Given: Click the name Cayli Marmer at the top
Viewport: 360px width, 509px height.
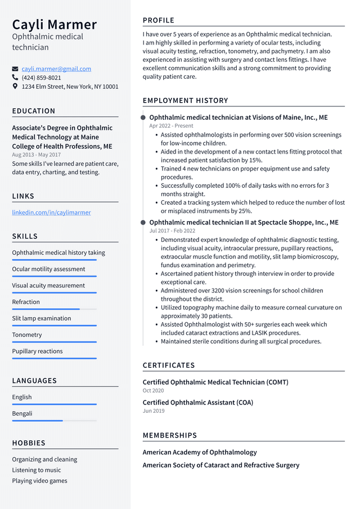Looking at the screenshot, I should (x=55, y=25).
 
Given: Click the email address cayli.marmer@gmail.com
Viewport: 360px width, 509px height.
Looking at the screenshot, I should (x=56, y=69).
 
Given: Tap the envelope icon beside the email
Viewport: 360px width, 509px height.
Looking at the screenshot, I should (x=15, y=69).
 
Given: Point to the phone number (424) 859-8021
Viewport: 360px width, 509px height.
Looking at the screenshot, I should (x=41, y=78).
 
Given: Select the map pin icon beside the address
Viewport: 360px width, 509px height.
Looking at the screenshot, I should (x=15, y=87).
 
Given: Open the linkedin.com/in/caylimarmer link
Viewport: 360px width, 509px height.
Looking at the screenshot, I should (x=51, y=213).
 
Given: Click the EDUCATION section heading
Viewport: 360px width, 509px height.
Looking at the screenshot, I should (x=34, y=111).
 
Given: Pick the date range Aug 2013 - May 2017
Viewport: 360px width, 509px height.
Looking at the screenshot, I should (x=36, y=155).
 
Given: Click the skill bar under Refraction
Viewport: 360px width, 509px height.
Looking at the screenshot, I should (x=54, y=309).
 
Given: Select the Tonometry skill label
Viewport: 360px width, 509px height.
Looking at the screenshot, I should (x=27, y=335).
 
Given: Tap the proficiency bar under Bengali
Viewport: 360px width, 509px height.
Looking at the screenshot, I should (x=54, y=421).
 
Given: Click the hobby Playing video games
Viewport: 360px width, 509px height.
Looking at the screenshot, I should (x=39, y=481).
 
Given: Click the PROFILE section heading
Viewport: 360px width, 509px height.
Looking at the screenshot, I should (x=159, y=20).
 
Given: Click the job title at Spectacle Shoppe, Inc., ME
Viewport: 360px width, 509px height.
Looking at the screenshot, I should (x=244, y=222).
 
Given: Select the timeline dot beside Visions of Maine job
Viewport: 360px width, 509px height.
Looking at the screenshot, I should (x=144, y=118).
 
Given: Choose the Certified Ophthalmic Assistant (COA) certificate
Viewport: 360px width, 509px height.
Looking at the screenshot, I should (x=197, y=403).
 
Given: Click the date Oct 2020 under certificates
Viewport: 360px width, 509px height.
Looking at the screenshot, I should (x=153, y=390).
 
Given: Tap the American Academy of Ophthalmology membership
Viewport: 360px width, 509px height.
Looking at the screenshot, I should (x=200, y=452).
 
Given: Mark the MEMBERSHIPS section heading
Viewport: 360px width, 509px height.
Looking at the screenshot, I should (x=170, y=435).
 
